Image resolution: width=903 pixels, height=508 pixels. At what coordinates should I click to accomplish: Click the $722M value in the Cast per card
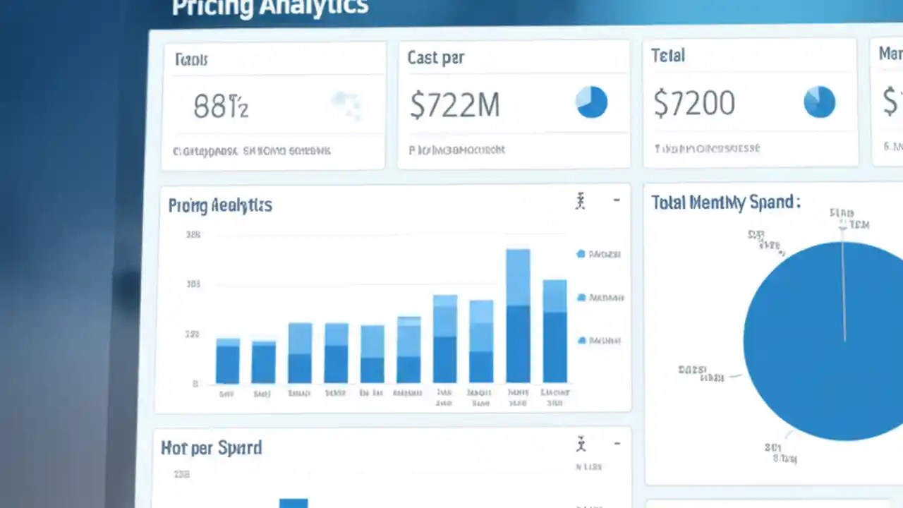[455, 105]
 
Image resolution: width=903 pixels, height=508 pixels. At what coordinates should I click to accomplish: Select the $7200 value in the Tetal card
[694, 104]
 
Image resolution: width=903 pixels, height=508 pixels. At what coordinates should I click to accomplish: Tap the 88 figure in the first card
[221, 107]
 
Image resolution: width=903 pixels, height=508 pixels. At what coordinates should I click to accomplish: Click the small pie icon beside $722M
[591, 102]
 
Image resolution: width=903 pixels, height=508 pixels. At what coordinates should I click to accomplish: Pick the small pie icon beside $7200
[819, 102]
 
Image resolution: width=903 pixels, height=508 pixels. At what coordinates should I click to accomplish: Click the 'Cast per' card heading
[436, 58]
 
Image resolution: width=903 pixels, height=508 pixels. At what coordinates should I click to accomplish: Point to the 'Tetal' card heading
[668, 56]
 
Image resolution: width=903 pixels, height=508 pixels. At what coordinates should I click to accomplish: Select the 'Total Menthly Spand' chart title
[726, 202]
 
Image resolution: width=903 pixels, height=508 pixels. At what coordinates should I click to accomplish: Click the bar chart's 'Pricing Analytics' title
[220, 205]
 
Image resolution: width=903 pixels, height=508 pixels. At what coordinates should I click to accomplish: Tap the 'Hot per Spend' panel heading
[211, 448]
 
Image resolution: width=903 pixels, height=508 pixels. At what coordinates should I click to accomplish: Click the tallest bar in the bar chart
[518, 315]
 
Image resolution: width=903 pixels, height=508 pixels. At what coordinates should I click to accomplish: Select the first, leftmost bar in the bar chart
[227, 361]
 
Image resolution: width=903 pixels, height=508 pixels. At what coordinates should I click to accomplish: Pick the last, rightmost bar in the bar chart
[554, 331]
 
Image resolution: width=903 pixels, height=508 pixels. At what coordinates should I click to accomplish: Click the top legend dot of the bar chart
[581, 253]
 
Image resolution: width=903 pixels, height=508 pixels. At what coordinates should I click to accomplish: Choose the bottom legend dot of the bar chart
[581, 340]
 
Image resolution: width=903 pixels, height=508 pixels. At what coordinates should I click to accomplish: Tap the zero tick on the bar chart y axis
[195, 384]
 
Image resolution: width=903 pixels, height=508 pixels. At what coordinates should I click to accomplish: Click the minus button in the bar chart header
[617, 201]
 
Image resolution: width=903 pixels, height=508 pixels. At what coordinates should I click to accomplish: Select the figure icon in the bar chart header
[581, 202]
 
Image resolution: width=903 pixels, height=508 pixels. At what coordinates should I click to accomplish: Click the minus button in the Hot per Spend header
[617, 444]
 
